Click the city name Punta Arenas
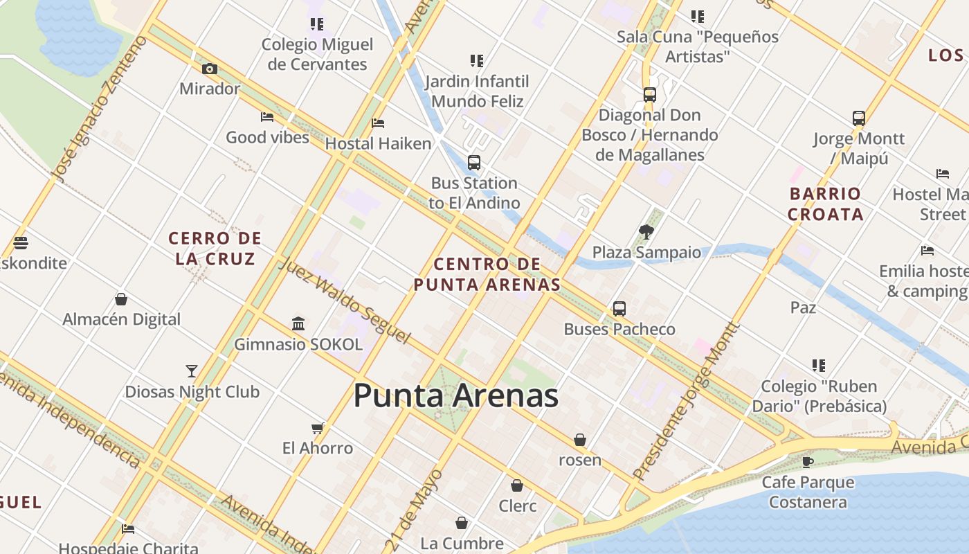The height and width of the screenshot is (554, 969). [x=455, y=396]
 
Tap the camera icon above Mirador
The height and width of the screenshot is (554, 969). [x=210, y=69]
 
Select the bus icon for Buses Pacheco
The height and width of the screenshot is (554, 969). [x=619, y=308]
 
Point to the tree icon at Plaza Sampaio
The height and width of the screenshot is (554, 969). [x=646, y=232]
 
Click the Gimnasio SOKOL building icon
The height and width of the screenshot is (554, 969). [x=298, y=323]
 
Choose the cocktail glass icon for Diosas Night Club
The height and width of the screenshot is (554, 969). [x=192, y=371]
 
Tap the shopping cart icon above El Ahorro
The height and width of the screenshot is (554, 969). [x=318, y=428]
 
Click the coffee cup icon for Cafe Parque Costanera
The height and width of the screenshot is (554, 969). [x=807, y=461]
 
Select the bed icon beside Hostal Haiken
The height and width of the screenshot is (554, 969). [x=378, y=123]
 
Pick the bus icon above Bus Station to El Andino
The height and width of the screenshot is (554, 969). [x=474, y=163]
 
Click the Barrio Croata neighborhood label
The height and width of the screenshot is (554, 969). [x=825, y=204]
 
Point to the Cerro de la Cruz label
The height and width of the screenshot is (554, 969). [x=215, y=248]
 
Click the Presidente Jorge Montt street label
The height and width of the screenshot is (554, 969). [x=686, y=402]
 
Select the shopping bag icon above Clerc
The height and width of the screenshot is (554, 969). [x=517, y=485]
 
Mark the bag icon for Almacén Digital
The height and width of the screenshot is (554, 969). [x=121, y=299]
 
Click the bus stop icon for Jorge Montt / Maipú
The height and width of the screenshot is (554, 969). [x=859, y=118]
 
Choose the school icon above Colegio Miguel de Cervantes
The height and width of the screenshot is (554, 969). [x=317, y=24]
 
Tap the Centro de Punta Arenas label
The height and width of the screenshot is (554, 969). [x=487, y=274]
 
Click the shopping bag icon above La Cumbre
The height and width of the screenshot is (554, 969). [x=462, y=523]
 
